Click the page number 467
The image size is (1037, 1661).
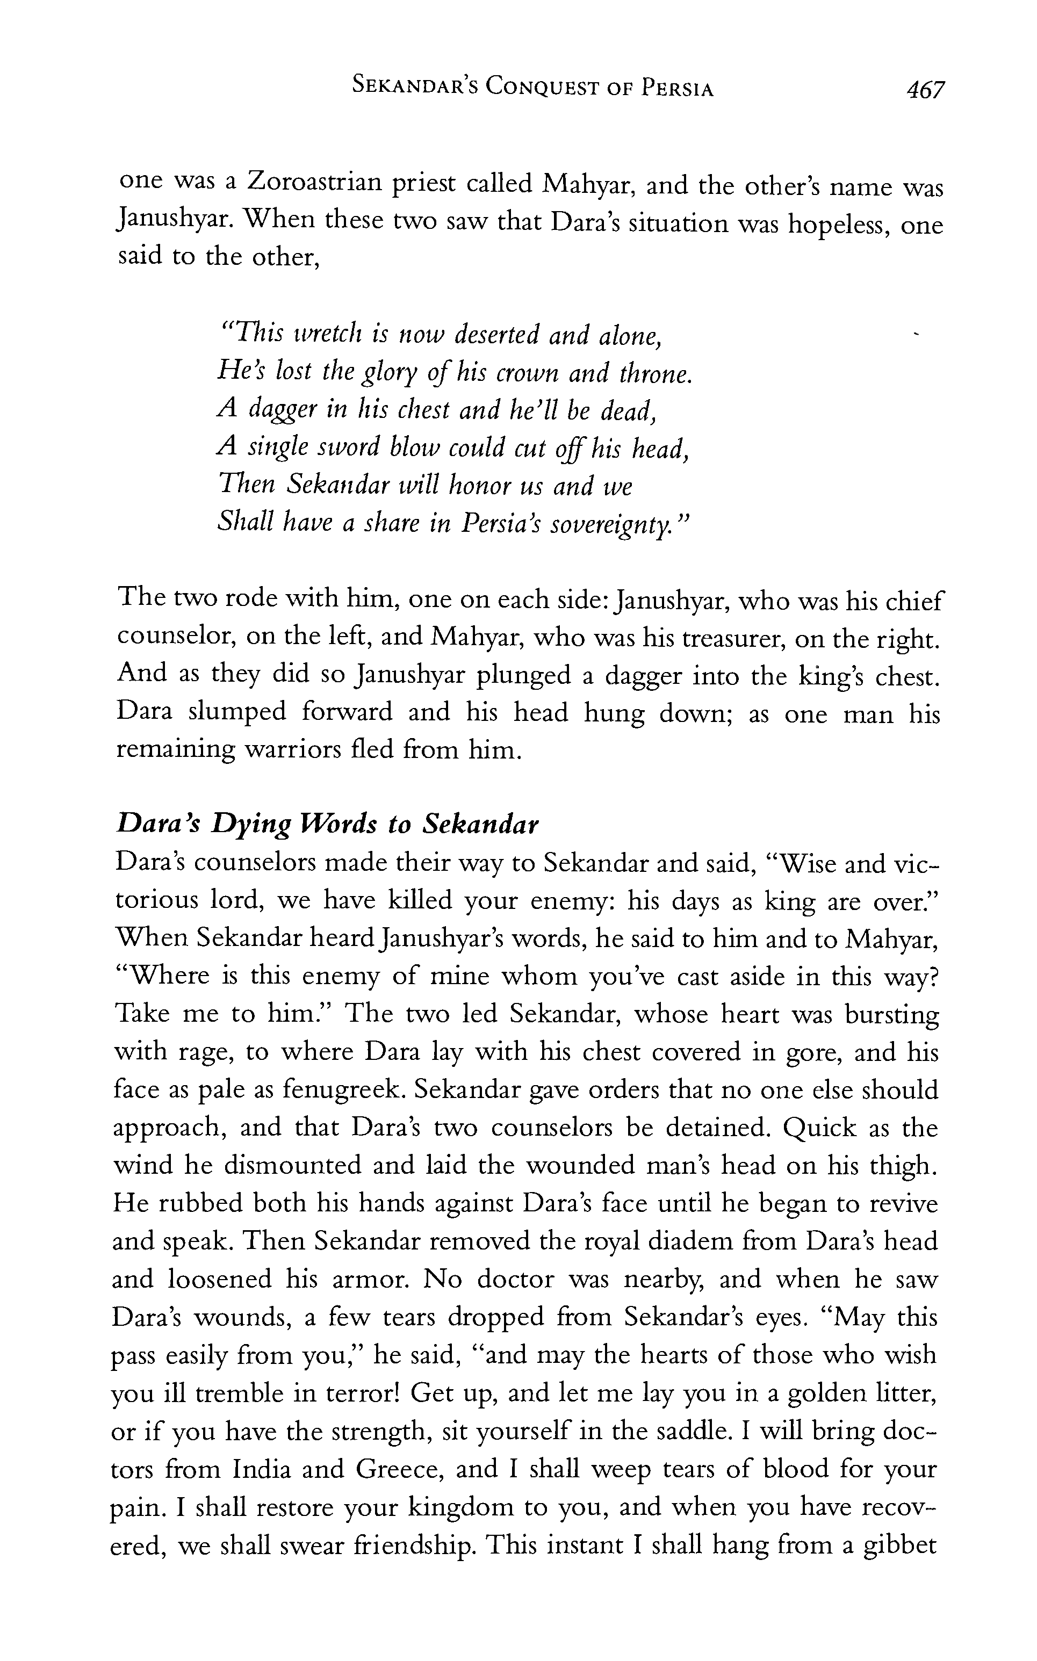click(x=925, y=90)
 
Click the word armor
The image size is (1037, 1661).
click(x=369, y=1279)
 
